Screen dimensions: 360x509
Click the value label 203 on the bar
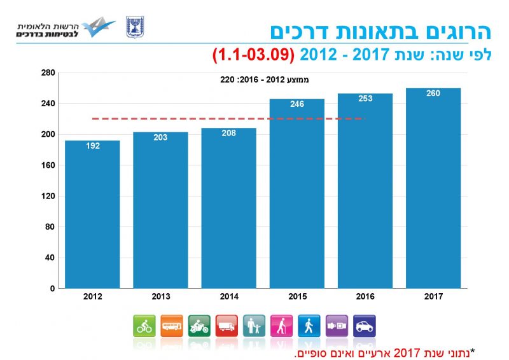(160, 137)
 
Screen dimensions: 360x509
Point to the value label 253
(365, 99)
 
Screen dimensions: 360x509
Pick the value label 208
(229, 134)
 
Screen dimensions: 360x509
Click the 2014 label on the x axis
(229, 296)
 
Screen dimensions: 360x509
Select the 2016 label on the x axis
(365, 296)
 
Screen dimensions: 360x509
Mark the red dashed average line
(229, 118)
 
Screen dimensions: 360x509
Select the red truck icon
(227, 326)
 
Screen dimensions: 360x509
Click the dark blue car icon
(364, 326)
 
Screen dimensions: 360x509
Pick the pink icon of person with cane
(282, 326)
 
